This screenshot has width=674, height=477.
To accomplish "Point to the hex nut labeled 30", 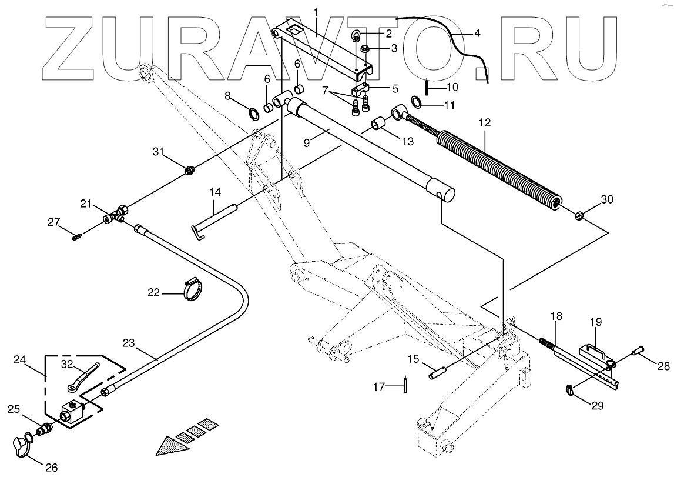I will (x=578, y=215).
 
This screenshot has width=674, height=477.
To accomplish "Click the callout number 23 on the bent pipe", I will (x=129, y=343).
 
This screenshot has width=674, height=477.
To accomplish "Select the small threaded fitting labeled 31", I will (x=190, y=171).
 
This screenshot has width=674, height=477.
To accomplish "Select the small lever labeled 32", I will (x=81, y=378).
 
